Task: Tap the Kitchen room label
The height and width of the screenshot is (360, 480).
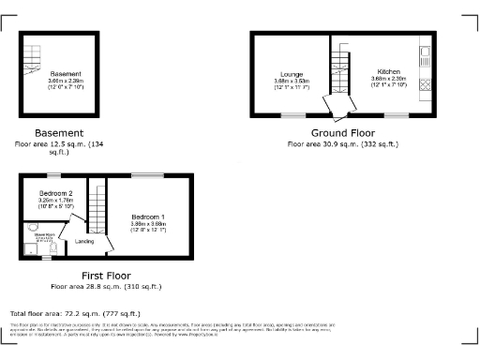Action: [390, 71]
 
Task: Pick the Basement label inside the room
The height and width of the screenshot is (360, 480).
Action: [66, 73]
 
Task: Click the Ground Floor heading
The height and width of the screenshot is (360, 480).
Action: [342, 133]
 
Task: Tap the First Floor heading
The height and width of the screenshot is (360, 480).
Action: [105, 275]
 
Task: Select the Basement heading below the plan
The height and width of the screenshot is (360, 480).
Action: [59, 133]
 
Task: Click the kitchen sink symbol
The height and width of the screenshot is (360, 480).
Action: [424, 52]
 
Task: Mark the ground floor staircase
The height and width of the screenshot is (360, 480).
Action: [337, 73]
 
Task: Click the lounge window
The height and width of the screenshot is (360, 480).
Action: [290, 115]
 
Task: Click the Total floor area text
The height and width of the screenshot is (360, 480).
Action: [75, 312]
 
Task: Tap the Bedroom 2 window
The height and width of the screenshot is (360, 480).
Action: [54, 175]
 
